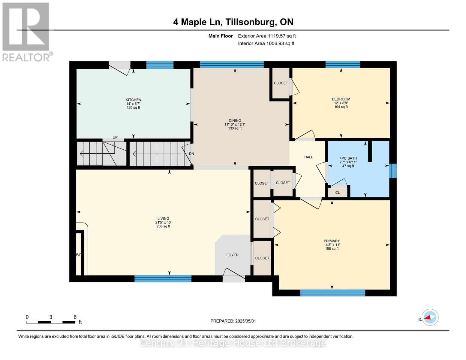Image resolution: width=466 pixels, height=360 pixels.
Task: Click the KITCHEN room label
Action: (133, 100)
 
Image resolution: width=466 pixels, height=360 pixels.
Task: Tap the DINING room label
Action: (235, 121)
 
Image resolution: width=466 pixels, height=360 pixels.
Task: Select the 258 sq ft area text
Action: (163, 226)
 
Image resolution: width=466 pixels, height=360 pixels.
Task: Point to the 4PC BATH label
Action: (348, 158)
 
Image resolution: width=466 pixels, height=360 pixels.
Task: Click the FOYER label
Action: (233, 255)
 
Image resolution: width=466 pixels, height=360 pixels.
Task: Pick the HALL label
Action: (308, 157)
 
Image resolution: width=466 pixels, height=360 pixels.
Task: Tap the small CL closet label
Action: (337, 193)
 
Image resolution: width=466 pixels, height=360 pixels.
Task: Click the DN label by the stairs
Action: (191, 154)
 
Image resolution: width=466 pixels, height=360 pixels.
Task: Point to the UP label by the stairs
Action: (115, 137)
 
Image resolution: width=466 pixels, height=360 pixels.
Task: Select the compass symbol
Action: (430, 317)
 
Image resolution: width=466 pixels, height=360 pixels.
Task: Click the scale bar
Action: (51, 322)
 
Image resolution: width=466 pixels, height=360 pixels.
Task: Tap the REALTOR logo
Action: (27, 32)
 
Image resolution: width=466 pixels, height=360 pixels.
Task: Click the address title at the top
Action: (233, 22)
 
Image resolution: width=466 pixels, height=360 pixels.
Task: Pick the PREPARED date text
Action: (233, 321)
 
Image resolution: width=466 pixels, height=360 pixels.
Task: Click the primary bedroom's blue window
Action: (332, 293)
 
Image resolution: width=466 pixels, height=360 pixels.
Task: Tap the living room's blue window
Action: (163, 278)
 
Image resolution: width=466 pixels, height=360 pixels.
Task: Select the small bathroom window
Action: (393, 171)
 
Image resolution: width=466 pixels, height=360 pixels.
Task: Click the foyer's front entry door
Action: (234, 277)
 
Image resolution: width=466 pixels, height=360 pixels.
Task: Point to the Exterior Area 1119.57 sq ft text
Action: (267, 36)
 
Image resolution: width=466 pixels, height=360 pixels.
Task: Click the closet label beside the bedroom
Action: (281, 83)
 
